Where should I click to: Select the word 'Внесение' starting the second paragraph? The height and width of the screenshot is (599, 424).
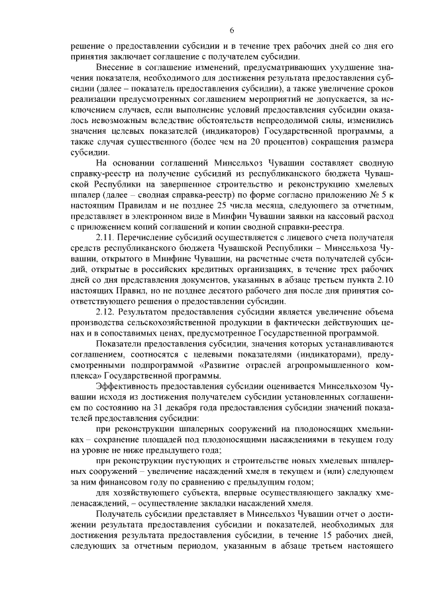pos(116,68)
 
